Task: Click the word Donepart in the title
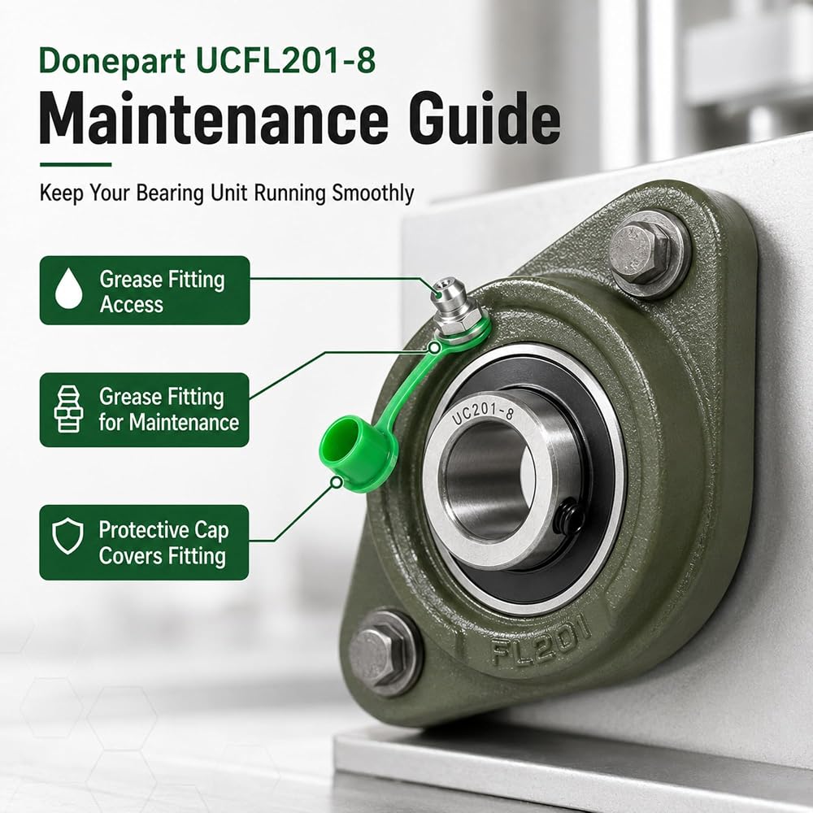point(112,62)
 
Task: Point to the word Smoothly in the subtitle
point(373,193)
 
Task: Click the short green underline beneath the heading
point(76,165)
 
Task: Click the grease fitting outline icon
point(68,409)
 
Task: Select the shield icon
point(68,537)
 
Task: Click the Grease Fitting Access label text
point(162,291)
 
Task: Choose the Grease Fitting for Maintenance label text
point(168,409)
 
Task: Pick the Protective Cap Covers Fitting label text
point(163,542)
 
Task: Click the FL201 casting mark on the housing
point(541,641)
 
